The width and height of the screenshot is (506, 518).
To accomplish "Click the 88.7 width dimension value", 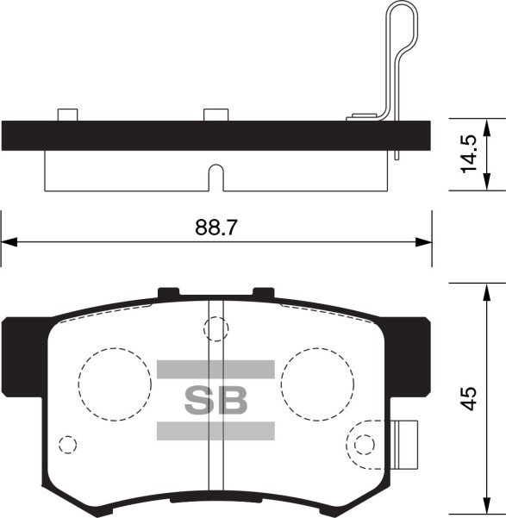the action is [216, 228].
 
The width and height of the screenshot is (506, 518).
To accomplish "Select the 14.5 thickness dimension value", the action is [469, 153].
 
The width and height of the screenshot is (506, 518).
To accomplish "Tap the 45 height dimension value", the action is [469, 398].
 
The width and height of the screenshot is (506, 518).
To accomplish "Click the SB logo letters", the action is [216, 401].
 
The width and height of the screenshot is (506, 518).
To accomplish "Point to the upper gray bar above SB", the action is [216, 370].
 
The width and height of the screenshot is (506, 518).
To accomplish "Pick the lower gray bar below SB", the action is [216, 431].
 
